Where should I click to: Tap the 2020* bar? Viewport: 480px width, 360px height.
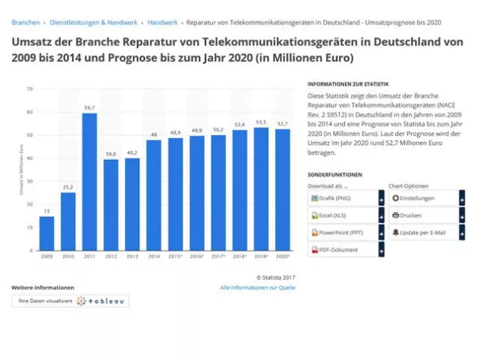tap(283, 189)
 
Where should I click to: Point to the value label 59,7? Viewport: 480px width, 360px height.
tap(89, 108)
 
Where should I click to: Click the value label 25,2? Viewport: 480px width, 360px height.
tap(68, 187)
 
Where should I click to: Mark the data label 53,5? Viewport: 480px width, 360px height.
tap(261, 121)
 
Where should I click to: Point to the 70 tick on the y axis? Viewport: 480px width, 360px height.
tap(30, 89)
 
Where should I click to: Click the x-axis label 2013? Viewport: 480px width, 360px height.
tap(132, 256)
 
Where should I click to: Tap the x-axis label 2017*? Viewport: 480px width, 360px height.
tap(218, 256)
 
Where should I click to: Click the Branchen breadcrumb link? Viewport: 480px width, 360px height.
tap(26, 23)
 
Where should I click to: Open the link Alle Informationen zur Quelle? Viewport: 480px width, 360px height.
tap(257, 288)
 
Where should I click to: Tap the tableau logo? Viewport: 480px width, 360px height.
tap(102, 301)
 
